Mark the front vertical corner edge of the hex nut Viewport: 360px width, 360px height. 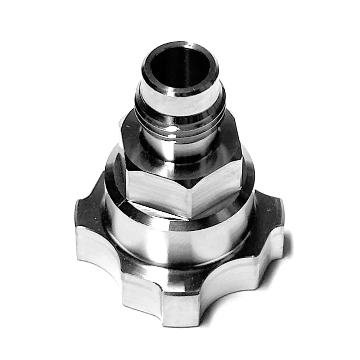[x=190, y=198]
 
